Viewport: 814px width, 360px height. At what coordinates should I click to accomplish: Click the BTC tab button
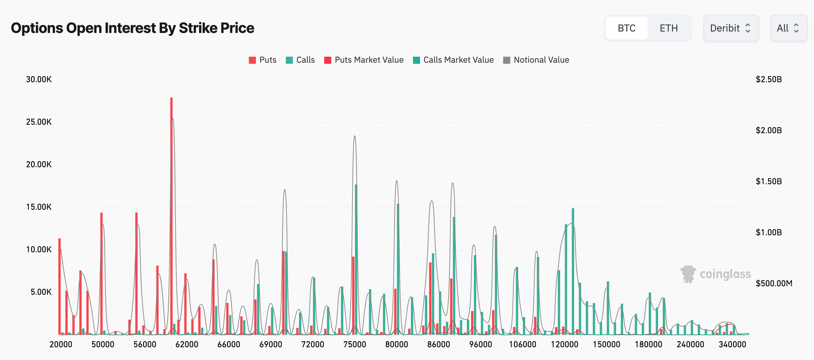pyautogui.click(x=626, y=28)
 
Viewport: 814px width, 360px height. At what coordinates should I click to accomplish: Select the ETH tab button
pyautogui.click(x=668, y=28)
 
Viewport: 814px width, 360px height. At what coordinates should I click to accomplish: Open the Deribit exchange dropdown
pyautogui.click(x=730, y=28)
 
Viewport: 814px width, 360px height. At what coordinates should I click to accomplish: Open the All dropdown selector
pyautogui.click(x=788, y=28)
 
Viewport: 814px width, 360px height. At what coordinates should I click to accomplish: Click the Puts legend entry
pyautogui.click(x=262, y=60)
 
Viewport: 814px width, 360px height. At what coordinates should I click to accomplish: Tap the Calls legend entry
pyautogui.click(x=300, y=60)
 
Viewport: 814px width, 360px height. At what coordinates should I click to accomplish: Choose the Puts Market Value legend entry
pyautogui.click(x=364, y=60)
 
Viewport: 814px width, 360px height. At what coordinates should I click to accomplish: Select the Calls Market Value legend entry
pyautogui.click(x=453, y=60)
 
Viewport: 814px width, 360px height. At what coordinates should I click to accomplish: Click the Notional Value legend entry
pyautogui.click(x=536, y=60)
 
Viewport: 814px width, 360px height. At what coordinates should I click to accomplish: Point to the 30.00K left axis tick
pyautogui.click(x=39, y=79)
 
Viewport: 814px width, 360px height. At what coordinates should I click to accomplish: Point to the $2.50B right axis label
pyautogui.click(x=769, y=79)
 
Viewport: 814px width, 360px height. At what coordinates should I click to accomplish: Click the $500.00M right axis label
pyautogui.click(x=774, y=283)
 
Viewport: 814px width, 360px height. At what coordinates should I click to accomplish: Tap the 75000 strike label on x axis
pyautogui.click(x=355, y=344)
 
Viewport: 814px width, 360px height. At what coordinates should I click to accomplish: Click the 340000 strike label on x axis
pyautogui.click(x=732, y=344)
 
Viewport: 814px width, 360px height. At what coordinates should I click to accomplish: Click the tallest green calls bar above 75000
pyautogui.click(x=356, y=259)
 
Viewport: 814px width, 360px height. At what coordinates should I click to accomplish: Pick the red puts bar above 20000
pyautogui.click(x=60, y=287)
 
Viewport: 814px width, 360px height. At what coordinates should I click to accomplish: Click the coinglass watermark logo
pyautogui.click(x=716, y=274)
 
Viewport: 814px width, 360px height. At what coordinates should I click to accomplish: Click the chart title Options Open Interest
pyautogui.click(x=132, y=28)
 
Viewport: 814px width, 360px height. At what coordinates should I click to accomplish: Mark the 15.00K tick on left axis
pyautogui.click(x=39, y=207)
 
